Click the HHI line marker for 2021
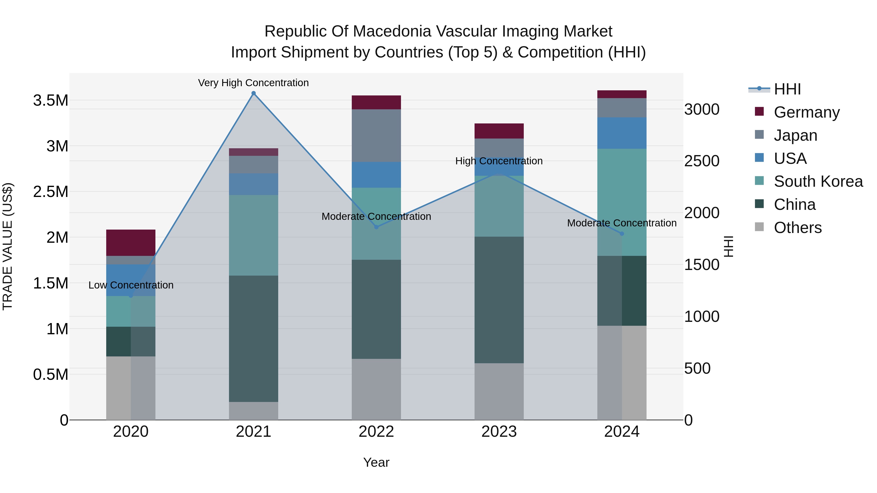(253, 93)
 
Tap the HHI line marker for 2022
(376, 227)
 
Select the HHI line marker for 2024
(622, 234)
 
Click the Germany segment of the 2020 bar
(131, 242)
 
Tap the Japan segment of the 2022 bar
(376, 135)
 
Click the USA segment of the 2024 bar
(622, 133)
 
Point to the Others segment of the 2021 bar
(253, 411)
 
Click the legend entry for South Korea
(818, 181)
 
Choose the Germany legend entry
(807, 112)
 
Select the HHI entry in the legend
(787, 89)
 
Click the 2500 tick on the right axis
(702, 161)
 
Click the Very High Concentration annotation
(253, 83)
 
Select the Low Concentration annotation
(131, 285)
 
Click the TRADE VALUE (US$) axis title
(8, 246)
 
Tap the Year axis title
(376, 462)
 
